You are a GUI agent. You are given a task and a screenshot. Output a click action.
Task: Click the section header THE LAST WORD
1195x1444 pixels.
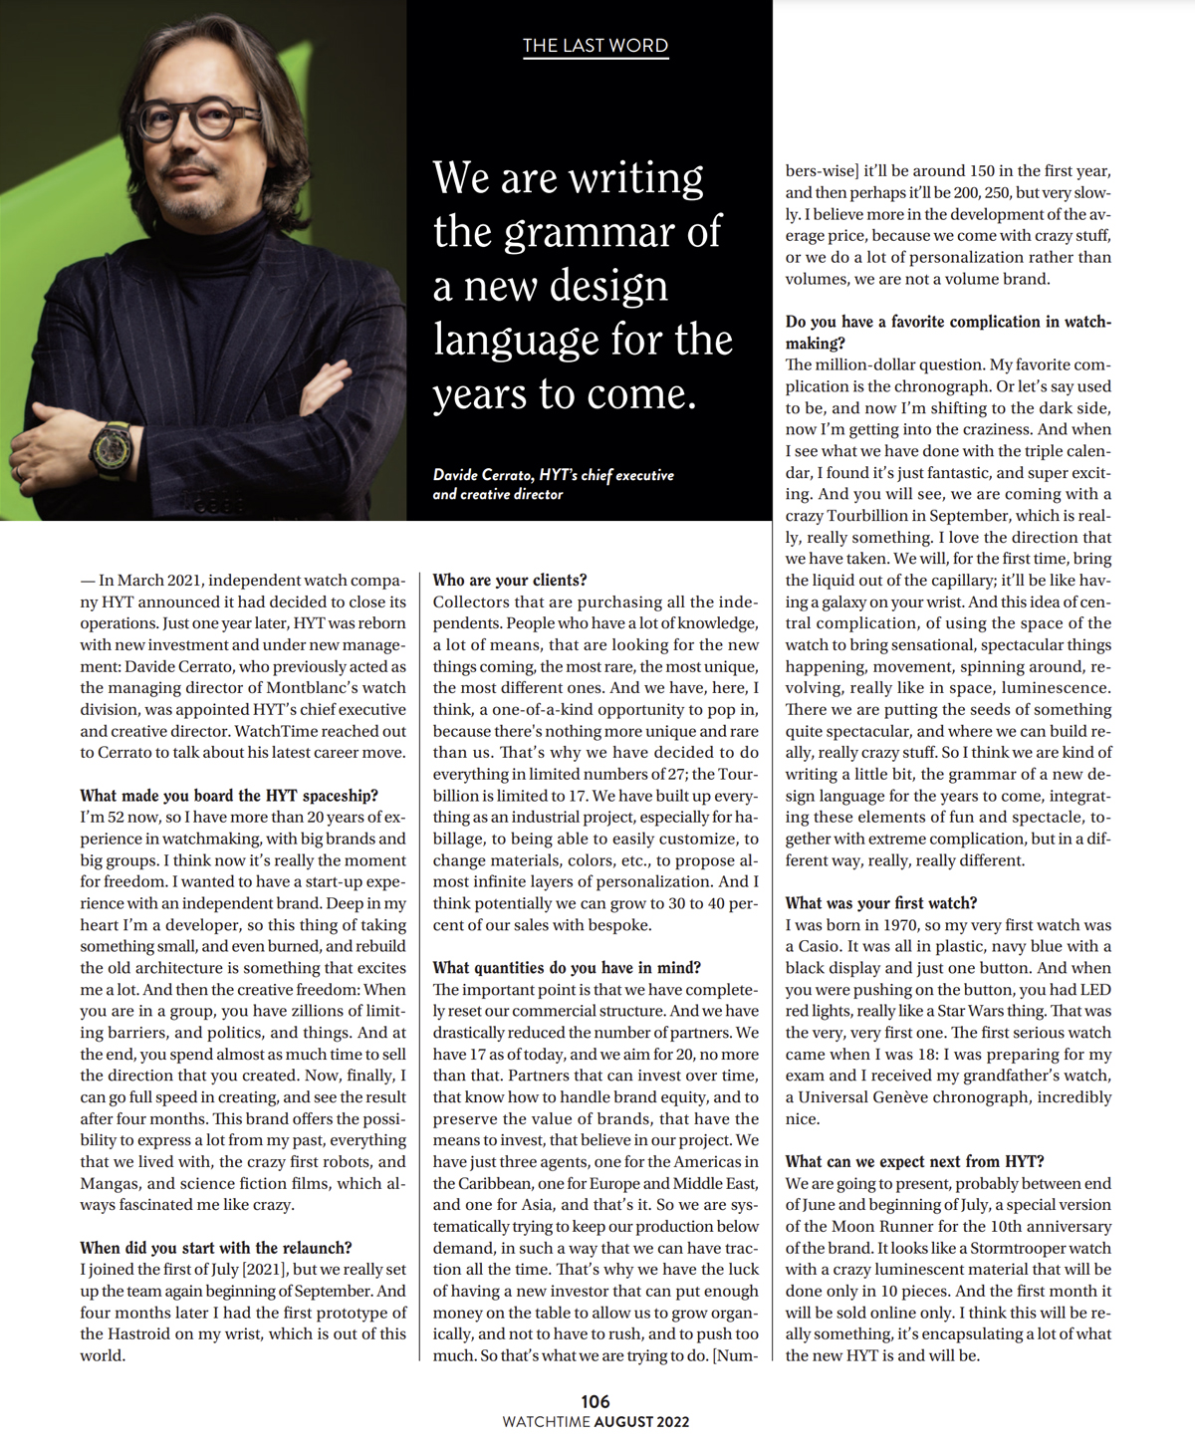tap(595, 46)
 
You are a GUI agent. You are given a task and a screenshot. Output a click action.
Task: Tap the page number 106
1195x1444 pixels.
tap(596, 1401)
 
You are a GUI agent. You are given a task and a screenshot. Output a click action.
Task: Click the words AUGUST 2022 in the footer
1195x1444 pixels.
tap(641, 1422)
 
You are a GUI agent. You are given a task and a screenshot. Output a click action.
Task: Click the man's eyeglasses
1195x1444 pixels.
tap(189, 119)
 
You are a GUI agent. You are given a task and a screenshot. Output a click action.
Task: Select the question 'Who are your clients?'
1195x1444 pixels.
tap(510, 580)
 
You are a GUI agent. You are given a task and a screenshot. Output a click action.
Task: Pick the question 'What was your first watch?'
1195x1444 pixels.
tap(881, 903)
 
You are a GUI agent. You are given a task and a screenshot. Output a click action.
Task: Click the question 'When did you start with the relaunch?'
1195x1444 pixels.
tap(216, 1248)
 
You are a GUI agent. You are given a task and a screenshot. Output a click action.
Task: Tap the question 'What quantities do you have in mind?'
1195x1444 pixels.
tap(567, 968)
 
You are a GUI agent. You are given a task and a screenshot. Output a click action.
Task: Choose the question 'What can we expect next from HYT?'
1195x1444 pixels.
tap(914, 1162)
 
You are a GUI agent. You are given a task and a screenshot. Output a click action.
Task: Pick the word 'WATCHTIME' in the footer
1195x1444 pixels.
tap(546, 1422)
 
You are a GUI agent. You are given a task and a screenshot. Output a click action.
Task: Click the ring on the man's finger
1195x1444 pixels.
tap(17, 471)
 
